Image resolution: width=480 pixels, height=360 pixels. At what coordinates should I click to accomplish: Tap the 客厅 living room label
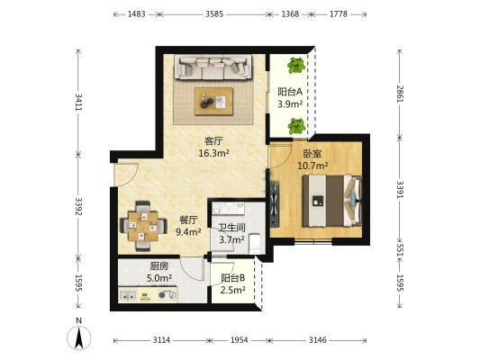[213, 141]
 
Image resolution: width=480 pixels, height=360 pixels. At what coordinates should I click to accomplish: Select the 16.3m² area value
[214, 153]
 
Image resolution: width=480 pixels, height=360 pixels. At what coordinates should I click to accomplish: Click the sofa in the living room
[213, 67]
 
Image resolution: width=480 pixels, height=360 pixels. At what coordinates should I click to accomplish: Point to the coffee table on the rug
[213, 101]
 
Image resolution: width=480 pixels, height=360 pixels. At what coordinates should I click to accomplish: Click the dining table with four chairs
[143, 226]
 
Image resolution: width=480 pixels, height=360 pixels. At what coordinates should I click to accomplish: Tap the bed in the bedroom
[332, 201]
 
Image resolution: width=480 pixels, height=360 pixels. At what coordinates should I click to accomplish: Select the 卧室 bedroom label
[312, 154]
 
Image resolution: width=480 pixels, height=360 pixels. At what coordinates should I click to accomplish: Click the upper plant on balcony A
[296, 65]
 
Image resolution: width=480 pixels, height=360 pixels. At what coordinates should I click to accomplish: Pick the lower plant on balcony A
[296, 126]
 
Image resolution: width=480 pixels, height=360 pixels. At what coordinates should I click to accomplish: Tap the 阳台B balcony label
[232, 278]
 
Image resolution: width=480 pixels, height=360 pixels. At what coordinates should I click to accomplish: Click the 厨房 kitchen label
[159, 266]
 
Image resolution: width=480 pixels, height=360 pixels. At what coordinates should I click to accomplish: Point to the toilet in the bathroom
[255, 244]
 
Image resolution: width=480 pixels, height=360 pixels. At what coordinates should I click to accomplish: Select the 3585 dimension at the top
[214, 14]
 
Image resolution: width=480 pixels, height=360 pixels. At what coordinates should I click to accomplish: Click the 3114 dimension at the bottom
[161, 340]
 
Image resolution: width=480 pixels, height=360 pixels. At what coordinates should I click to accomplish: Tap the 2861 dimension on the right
[400, 94]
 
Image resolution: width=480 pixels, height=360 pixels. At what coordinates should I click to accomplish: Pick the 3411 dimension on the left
[78, 103]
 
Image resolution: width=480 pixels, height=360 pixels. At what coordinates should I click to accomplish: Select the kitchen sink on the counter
[128, 295]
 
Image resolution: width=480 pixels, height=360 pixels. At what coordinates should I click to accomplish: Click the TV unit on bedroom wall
[274, 204]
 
